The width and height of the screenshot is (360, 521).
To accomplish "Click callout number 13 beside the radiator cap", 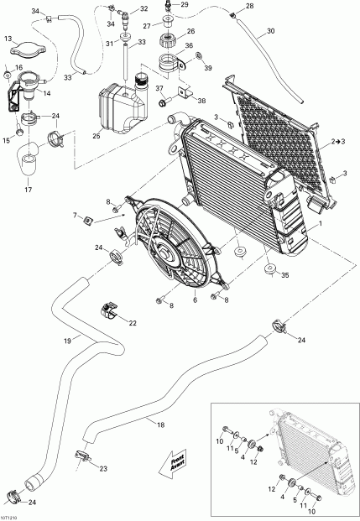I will [x=8, y=39].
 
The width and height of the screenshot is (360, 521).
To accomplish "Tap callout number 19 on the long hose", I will [x=66, y=341].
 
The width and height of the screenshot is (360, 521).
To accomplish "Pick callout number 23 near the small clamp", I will [x=102, y=469].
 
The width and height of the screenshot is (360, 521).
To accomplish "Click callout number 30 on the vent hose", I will [x=270, y=33].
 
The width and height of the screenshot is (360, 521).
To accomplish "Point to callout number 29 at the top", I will [x=185, y=5].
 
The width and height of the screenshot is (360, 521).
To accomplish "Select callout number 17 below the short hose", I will [x=28, y=189].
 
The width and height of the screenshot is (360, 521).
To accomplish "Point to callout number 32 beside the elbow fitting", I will [x=144, y=8].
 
